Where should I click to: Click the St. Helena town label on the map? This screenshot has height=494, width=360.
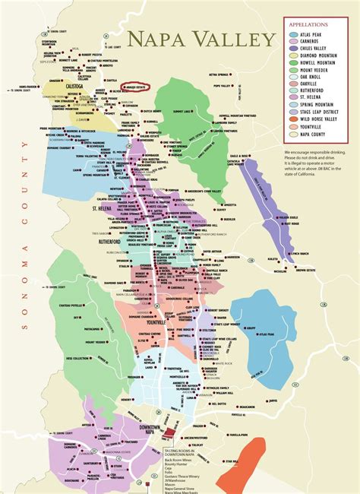[x=103, y=207]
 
